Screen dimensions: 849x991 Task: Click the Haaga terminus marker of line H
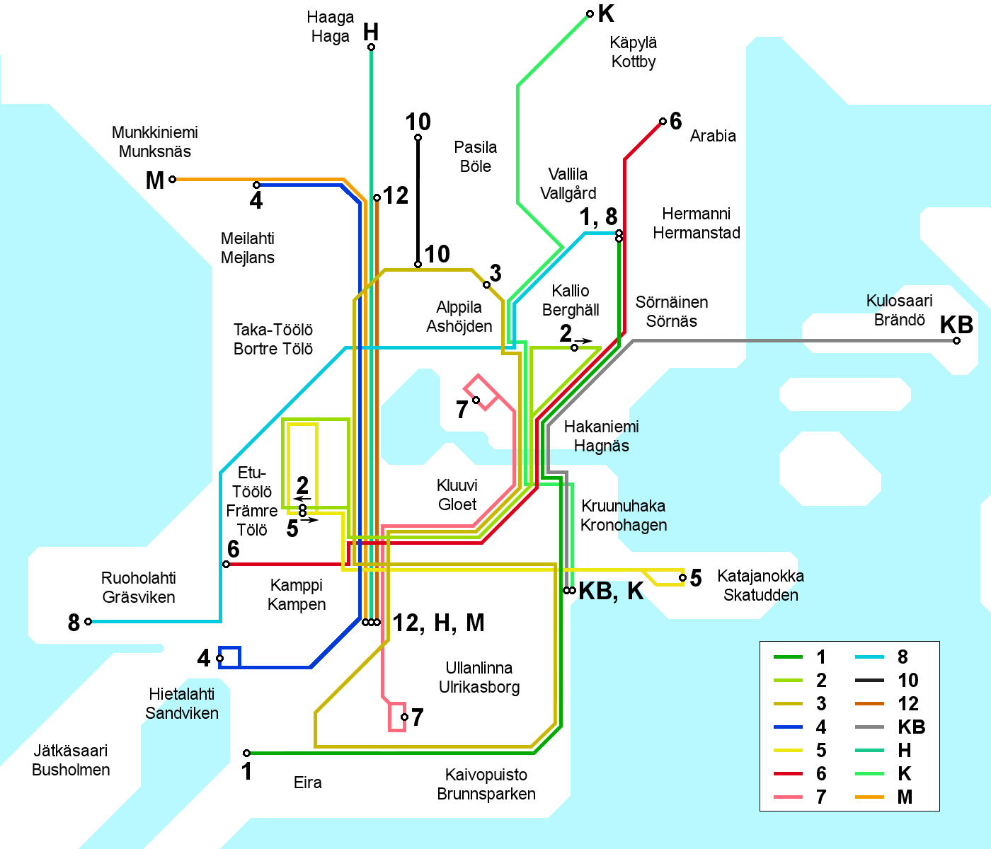coord(371,47)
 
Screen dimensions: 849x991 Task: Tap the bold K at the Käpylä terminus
coord(606,13)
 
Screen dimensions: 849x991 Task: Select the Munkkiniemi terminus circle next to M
coord(172,180)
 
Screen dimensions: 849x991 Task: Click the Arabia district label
coord(713,136)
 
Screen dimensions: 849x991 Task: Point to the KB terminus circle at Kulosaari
coord(956,341)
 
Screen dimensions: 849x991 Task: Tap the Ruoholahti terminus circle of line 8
coord(88,622)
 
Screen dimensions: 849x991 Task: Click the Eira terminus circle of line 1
coord(246,753)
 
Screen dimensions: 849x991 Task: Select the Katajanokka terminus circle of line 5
coord(682,578)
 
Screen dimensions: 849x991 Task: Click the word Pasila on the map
coord(475,147)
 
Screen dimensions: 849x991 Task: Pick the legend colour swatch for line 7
coord(788,797)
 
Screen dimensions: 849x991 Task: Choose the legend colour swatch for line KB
coord(869,727)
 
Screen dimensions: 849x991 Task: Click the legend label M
coord(905,797)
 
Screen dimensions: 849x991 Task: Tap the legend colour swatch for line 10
coord(869,681)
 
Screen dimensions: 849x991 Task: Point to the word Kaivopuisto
coord(486,775)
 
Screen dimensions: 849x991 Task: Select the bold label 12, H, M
coord(439,623)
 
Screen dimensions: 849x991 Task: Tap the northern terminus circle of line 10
coord(418,138)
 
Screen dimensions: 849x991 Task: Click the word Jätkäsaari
coord(70,751)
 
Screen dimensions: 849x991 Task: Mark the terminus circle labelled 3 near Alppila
coord(486,285)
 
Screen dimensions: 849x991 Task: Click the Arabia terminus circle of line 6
coord(663,122)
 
